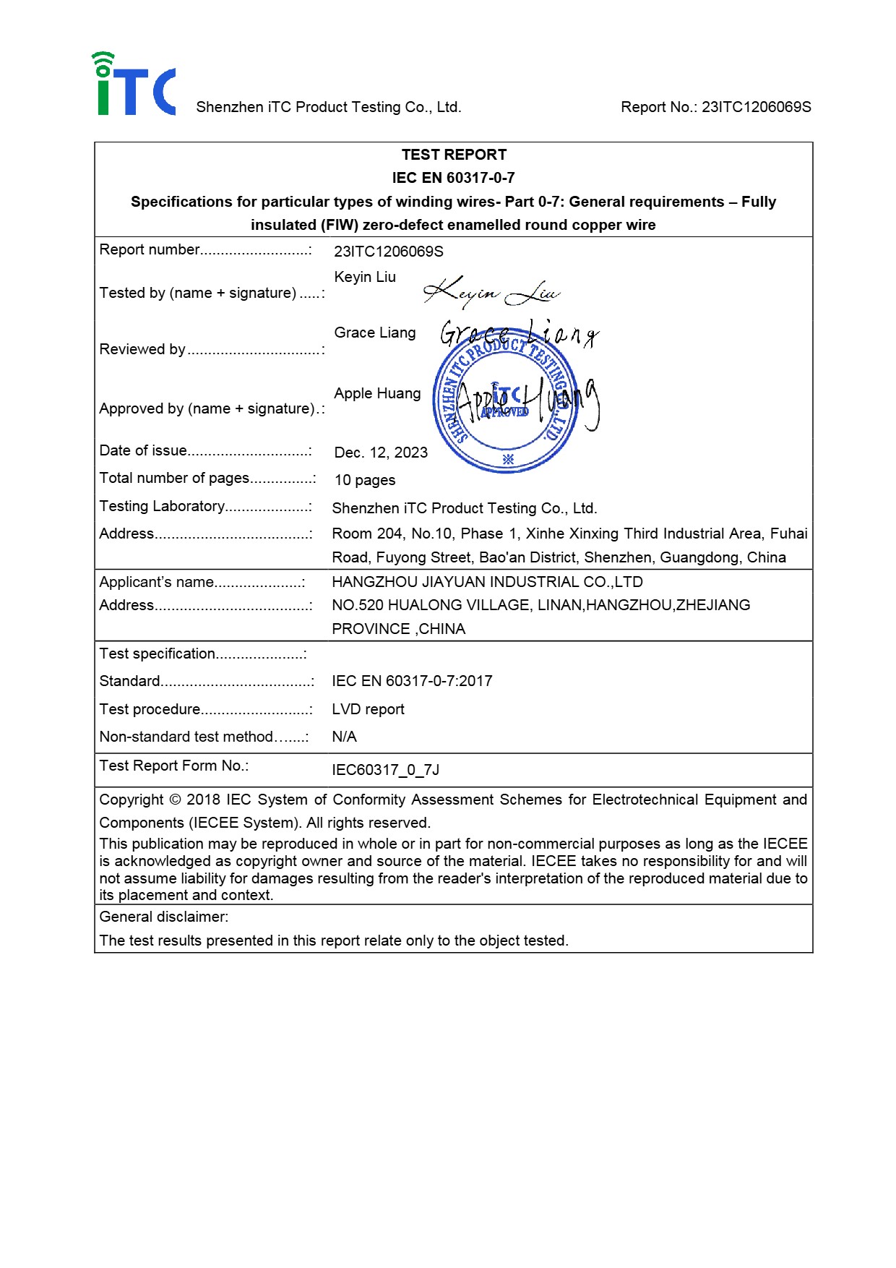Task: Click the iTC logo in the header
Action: (134, 85)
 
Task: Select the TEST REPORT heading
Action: (454, 155)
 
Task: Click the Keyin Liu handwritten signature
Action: (491, 292)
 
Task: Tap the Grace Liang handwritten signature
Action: (519, 333)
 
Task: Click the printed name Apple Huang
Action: (377, 394)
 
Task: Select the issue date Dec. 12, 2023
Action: (381, 453)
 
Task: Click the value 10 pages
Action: (365, 481)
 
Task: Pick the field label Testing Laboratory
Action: (163, 507)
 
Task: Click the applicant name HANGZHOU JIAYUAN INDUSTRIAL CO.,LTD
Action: (487, 583)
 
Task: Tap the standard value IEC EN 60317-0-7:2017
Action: (412, 682)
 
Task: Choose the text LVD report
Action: (368, 710)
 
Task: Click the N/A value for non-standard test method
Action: (344, 737)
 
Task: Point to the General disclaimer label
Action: (164, 917)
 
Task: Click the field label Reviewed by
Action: (142, 350)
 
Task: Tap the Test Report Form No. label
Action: (174, 766)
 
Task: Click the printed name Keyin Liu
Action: (365, 278)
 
